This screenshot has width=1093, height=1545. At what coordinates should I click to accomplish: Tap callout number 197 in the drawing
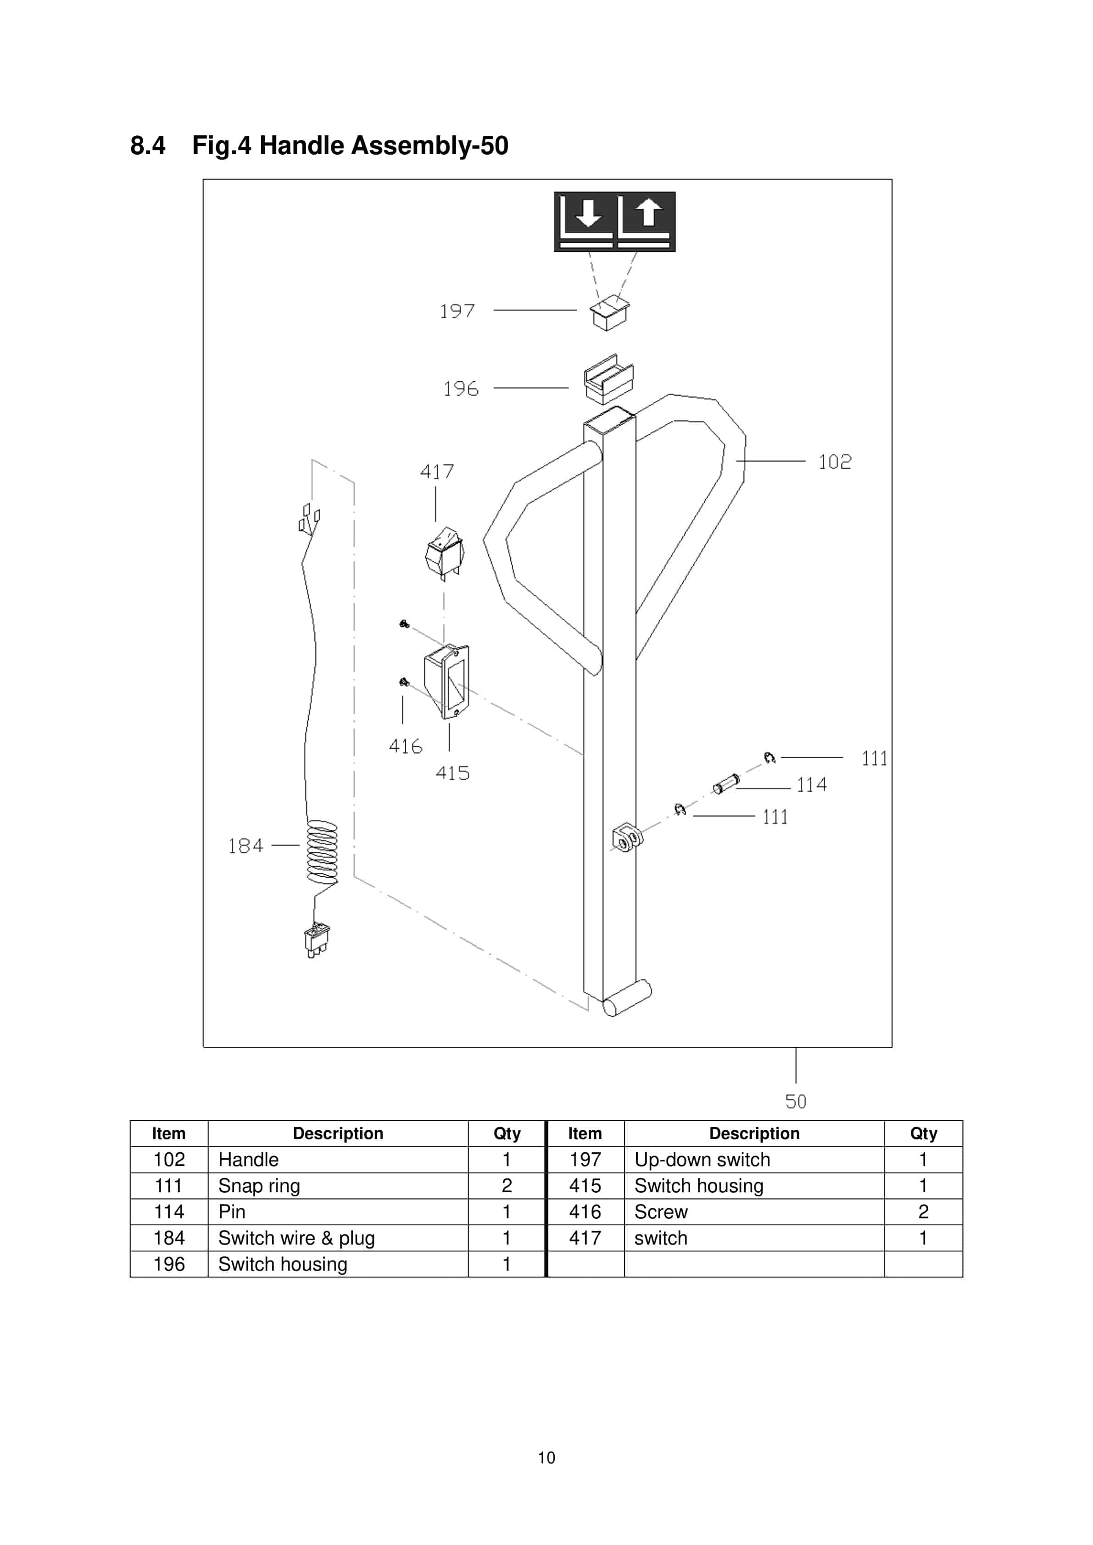pyautogui.click(x=457, y=311)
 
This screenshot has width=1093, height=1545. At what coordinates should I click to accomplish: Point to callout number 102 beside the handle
pyautogui.click(x=835, y=461)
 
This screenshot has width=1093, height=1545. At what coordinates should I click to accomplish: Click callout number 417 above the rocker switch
pyautogui.click(x=437, y=471)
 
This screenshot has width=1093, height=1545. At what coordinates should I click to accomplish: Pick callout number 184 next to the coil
pyautogui.click(x=245, y=846)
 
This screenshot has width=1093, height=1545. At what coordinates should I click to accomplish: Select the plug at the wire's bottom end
pyautogui.click(x=316, y=939)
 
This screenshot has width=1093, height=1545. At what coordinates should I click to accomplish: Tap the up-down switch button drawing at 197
pyautogui.click(x=609, y=313)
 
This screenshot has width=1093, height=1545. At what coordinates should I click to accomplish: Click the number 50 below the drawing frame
pyautogui.click(x=796, y=1101)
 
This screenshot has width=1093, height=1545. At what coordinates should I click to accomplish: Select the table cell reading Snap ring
pyautogui.click(x=259, y=1186)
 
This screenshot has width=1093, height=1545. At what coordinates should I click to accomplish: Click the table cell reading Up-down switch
pyautogui.click(x=702, y=1159)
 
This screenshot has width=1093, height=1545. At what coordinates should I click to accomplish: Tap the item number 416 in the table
pyautogui.click(x=585, y=1212)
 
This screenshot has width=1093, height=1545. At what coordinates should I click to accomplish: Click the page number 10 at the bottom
pyautogui.click(x=546, y=1457)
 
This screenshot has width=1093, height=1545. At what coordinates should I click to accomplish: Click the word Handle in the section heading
pyautogui.click(x=301, y=145)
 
